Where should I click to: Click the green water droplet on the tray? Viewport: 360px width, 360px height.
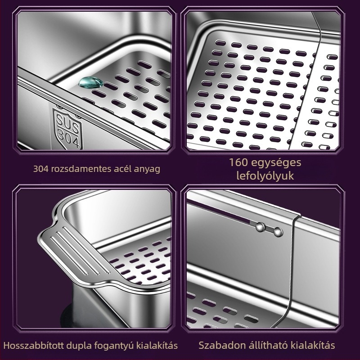(x=91, y=82)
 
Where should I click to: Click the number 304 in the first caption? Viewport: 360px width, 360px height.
(x=41, y=169)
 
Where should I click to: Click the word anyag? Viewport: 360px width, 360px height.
(x=148, y=170)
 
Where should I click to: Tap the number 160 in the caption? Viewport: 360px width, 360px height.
(x=239, y=162)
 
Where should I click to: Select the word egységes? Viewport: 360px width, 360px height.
(x=276, y=163)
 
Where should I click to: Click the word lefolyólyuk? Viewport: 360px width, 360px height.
(x=265, y=176)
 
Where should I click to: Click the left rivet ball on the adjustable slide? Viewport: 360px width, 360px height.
(x=261, y=227)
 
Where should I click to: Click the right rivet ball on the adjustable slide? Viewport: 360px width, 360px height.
(x=278, y=232)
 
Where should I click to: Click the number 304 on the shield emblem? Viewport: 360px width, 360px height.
(x=68, y=137)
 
